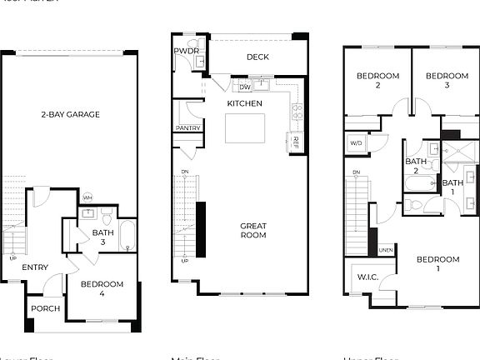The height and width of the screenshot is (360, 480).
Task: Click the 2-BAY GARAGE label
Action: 70,114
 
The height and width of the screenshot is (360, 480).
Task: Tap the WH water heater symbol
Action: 87,197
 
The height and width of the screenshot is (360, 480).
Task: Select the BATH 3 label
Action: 102,237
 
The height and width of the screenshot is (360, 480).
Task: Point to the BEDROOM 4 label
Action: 102,289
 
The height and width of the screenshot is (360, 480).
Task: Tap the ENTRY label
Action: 34,267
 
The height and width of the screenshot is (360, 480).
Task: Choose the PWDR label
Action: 185,52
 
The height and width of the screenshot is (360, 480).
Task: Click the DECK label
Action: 257,57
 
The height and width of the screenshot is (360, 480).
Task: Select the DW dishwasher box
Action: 245,87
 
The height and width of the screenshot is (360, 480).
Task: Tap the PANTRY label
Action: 187,128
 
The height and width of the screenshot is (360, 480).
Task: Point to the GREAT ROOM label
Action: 253,230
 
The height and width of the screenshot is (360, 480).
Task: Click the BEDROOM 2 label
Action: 377,81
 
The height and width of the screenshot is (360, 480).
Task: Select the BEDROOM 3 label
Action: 447,81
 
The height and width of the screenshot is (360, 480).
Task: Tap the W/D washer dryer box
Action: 357,143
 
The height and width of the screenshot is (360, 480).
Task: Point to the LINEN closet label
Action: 386,249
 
